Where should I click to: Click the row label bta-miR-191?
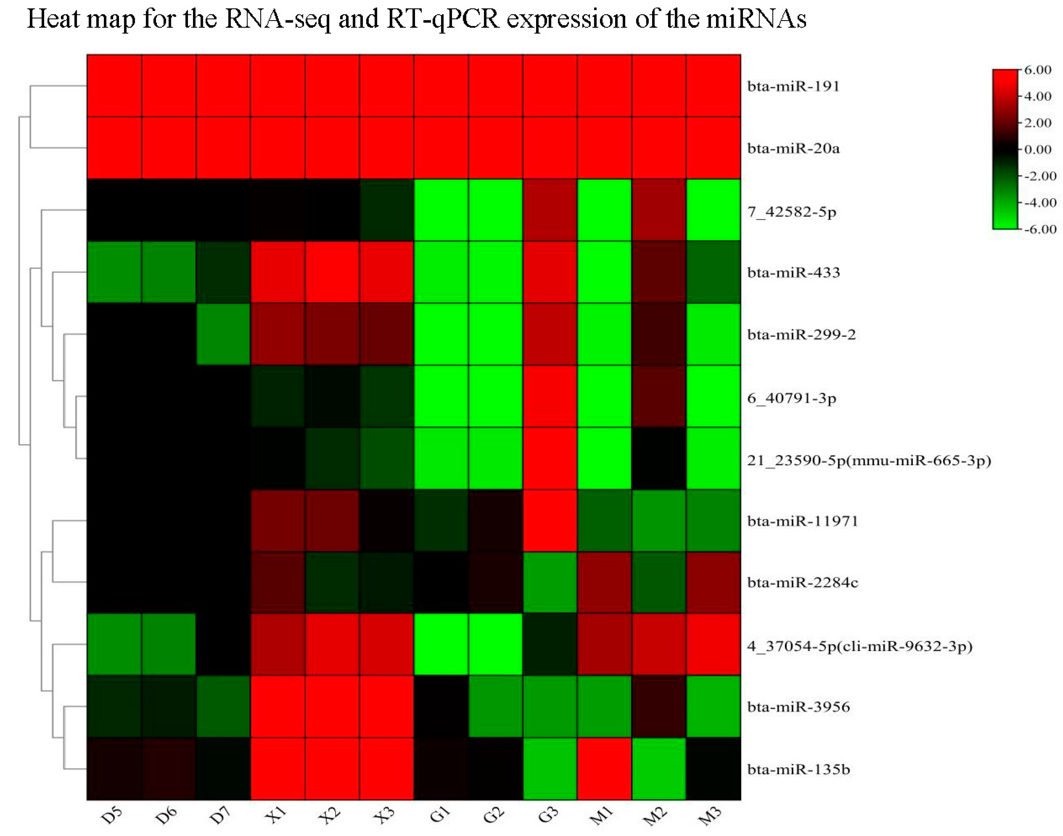(793, 86)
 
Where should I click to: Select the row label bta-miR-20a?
(793, 148)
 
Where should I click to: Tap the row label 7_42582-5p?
(792, 212)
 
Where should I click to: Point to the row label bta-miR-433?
(793, 272)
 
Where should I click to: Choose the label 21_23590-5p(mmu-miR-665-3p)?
(868, 461)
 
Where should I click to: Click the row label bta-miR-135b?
(798, 769)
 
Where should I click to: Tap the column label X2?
(330, 815)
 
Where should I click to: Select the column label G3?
(548, 815)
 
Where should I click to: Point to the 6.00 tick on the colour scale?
(1037, 70)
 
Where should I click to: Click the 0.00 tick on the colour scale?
(1037, 149)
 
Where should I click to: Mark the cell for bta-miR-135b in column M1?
(605, 769)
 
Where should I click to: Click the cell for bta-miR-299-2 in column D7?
(223, 334)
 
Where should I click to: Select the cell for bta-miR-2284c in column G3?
(550, 582)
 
